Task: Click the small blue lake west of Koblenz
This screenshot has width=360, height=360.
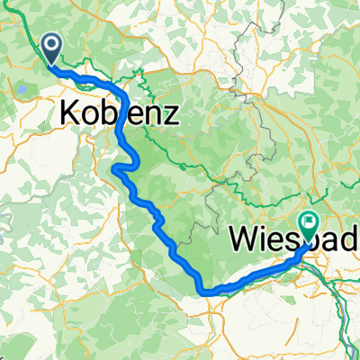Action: click(19, 90)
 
